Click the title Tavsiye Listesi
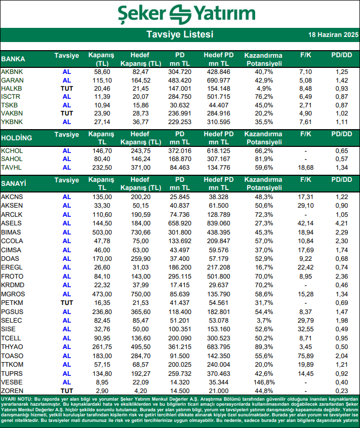tap(180, 35)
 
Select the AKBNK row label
tap(12, 72)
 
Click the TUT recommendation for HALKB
tap(67, 89)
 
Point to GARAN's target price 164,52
tap(141, 81)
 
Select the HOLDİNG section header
tap(17, 138)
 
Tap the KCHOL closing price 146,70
tap(102, 151)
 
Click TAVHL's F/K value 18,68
tap(305, 168)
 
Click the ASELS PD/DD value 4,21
tap(341, 223)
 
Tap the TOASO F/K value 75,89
tap(305, 356)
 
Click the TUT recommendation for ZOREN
tap(67, 391)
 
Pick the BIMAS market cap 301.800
tap(180, 232)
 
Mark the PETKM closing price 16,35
tap(102, 302)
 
